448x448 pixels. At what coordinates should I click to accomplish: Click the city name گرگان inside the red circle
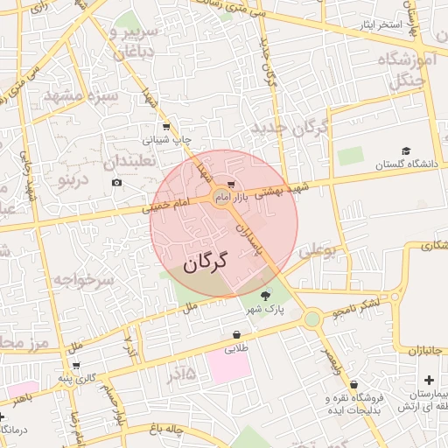pyautogui.click(x=206, y=261)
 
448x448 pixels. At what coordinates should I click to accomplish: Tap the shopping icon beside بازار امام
pyautogui.click(x=231, y=185)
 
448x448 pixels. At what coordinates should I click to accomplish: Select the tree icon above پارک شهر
pyautogui.click(x=266, y=294)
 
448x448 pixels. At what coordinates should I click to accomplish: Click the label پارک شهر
pyautogui.click(x=264, y=310)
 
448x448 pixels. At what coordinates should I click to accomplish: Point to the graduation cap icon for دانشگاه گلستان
pyautogui.click(x=405, y=151)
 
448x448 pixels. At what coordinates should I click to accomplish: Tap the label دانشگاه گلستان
pyautogui.click(x=404, y=164)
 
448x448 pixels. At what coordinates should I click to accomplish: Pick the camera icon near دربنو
pyautogui.click(x=117, y=182)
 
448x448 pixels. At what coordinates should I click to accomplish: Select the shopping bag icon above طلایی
pyautogui.click(x=237, y=335)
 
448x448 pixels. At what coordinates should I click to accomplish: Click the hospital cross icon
pyautogui.click(x=429, y=380)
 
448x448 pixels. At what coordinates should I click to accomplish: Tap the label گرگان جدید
pyautogui.click(x=290, y=129)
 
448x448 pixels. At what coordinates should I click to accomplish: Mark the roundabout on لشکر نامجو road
pyautogui.click(x=312, y=320)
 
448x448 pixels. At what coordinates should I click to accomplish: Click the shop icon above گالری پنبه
pyautogui.click(x=76, y=365)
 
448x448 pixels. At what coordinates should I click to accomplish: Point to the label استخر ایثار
pyautogui.click(x=380, y=24)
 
